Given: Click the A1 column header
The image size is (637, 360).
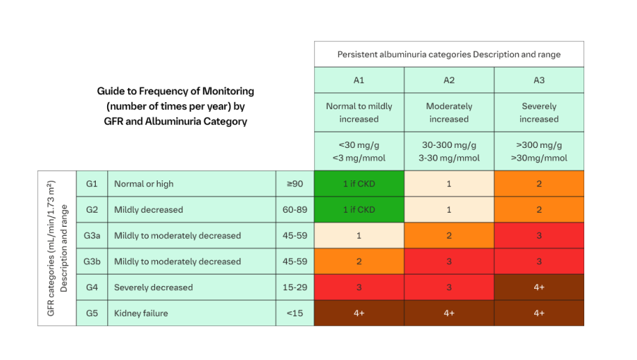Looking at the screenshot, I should point(359,80).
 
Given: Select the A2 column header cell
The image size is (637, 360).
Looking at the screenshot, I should point(449,80).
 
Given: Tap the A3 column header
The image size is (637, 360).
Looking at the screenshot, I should point(539,80).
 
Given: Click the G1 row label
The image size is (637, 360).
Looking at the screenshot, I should point(92,184).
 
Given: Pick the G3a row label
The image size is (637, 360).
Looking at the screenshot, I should point(92,235).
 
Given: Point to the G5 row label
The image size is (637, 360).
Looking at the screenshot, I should point(92,313).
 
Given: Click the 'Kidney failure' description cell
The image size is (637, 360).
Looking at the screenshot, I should point(192,313).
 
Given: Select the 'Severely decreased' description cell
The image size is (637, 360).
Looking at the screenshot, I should point(192,287).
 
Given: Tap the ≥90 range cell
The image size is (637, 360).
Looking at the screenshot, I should point(295,184).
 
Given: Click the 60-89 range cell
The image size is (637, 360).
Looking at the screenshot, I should point(295,209).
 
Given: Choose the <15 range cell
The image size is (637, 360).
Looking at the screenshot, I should point(295,313).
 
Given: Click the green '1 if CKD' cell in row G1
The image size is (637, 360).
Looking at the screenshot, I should point(359,184).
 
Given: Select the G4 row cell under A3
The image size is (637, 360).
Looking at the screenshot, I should point(539,287).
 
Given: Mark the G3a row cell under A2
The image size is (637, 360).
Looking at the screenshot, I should point(449,235).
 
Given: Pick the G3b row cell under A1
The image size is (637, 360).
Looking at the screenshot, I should point(359,261).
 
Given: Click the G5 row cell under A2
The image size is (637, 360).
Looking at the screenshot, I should point(449,313).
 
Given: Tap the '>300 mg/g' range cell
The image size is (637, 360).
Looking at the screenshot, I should point(539,151).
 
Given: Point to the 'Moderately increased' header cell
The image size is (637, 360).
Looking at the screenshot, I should point(449,113).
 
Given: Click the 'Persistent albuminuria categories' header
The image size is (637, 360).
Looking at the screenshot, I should point(449,54).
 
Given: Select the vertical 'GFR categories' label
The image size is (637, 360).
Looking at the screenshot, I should point(56,248).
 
